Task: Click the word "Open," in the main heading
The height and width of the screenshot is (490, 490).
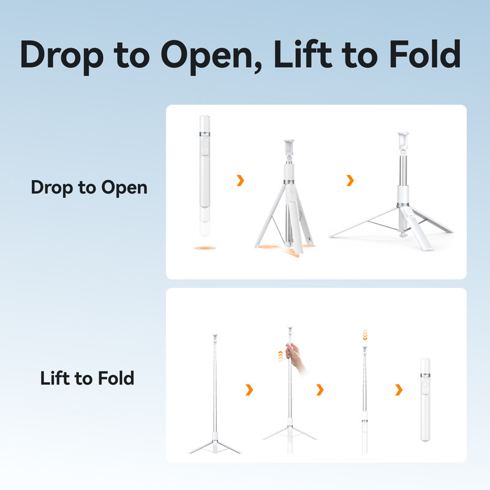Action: [211, 56]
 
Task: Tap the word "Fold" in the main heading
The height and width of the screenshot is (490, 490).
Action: [424, 54]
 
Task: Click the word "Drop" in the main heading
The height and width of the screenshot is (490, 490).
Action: [62, 56]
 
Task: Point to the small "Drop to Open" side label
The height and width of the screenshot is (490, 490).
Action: [89, 188]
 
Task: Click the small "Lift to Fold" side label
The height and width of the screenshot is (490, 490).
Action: [87, 378]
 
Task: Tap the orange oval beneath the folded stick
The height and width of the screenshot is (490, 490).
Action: [205, 248]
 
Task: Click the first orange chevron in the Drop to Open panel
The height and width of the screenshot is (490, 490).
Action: [240, 180]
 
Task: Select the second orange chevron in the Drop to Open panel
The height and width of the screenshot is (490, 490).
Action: [350, 180]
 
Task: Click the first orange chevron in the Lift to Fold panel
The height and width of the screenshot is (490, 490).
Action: [249, 390]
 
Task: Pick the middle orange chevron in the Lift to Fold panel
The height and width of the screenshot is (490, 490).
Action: [320, 390]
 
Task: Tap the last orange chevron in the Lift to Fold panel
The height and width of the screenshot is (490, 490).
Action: [399, 390]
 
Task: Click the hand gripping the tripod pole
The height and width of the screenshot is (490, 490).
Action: [295, 358]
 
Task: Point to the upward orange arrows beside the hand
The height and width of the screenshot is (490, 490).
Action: [281, 356]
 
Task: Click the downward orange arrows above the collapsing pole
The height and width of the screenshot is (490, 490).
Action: [364, 334]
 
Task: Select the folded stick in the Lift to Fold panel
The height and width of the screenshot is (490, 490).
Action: [425, 400]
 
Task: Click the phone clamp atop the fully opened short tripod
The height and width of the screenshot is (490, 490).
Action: [403, 140]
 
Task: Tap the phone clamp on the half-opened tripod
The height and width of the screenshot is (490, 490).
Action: [289, 148]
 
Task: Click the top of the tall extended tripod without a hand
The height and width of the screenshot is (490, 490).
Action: [215, 338]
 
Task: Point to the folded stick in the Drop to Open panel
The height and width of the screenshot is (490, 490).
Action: [205, 176]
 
